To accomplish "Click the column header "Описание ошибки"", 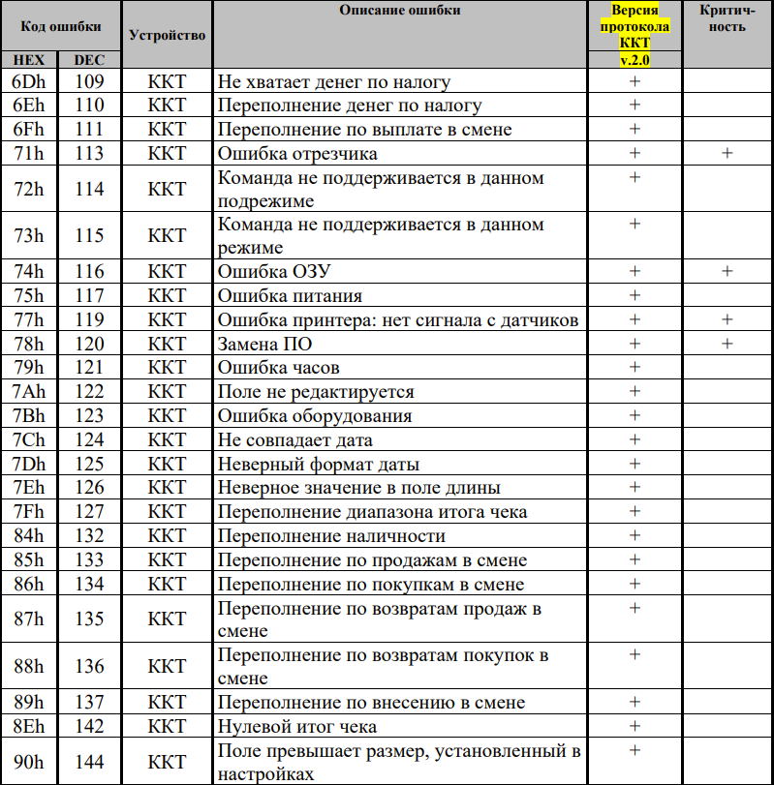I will tap(399, 11).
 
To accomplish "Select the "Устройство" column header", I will tap(167, 35).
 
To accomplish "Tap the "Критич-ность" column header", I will tap(727, 18).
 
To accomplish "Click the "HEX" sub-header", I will tap(28, 60).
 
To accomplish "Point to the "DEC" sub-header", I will tap(89, 60).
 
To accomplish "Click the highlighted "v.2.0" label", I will tap(635, 60).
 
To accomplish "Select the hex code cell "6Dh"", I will tap(28, 82).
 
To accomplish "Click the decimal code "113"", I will tap(89, 154).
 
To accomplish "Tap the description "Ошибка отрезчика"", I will tap(297, 154).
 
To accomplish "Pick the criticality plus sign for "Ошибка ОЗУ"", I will tap(727, 272).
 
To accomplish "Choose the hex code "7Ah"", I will tap(28, 392).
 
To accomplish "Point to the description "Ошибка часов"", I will tap(278, 368).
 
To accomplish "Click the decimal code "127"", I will tap(89, 512).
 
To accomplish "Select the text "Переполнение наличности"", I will tap(332, 536).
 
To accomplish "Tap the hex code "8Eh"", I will tap(28, 726).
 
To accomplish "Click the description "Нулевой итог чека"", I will tap(297, 726).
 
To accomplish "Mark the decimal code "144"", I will tap(89, 763).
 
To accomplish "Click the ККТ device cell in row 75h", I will tap(167, 296).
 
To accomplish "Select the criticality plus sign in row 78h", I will tap(727, 344).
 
